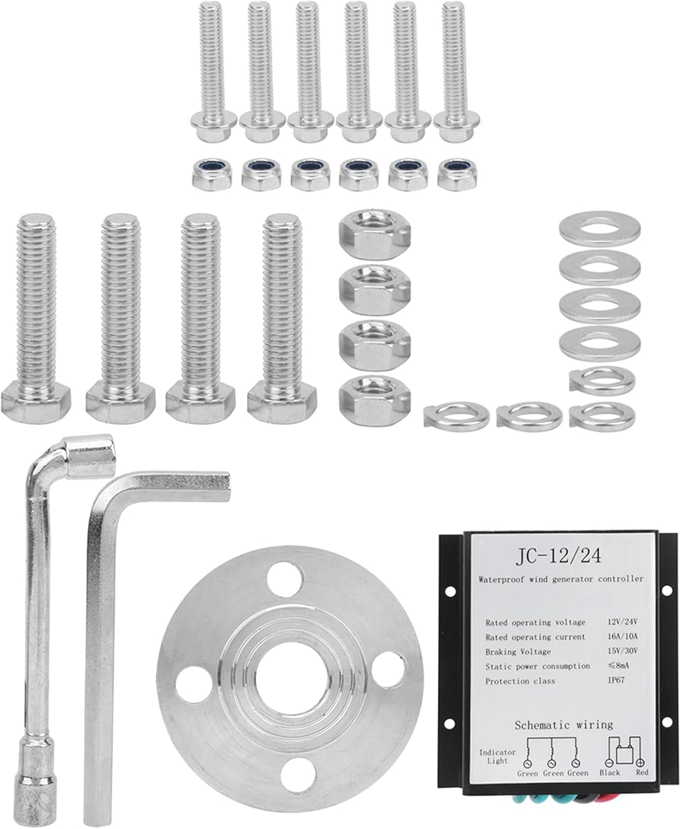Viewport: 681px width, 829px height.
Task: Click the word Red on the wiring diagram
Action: pyautogui.click(x=641, y=772)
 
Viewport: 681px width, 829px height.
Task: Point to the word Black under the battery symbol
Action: pyautogui.click(x=609, y=772)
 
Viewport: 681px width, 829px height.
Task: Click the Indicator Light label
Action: pyautogui.click(x=497, y=756)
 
